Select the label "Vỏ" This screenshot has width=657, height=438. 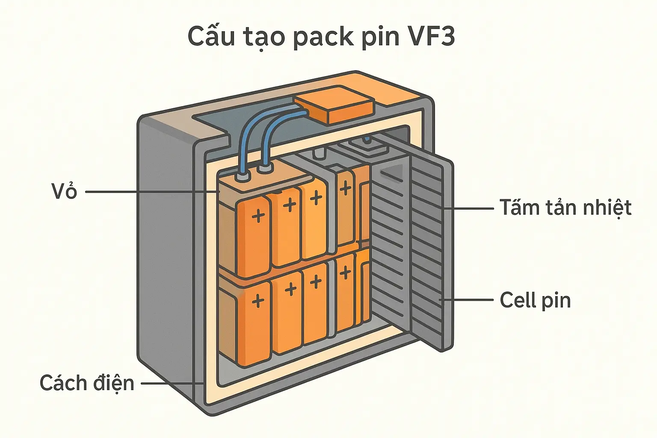click(64, 192)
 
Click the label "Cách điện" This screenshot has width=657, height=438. click(87, 383)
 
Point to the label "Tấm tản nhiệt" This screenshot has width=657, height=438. click(565, 208)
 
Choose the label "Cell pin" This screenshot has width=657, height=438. click(535, 300)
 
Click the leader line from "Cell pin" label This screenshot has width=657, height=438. click(468, 300)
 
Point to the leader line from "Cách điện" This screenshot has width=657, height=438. click(171, 383)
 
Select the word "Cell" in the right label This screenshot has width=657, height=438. click(517, 300)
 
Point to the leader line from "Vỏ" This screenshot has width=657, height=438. click(150, 192)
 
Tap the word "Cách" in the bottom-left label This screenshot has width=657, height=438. click(62, 383)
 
